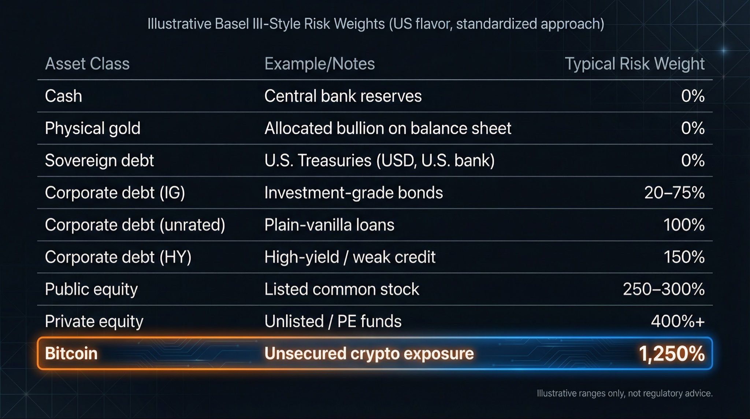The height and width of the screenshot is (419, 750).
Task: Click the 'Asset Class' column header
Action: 87,64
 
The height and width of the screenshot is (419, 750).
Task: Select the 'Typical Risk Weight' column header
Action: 634,64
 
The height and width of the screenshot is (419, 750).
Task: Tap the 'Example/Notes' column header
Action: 319,64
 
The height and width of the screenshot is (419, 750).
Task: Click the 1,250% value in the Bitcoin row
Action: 671,354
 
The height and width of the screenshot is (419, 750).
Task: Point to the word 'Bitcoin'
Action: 71,354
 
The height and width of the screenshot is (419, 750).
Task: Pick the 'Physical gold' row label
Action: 92,128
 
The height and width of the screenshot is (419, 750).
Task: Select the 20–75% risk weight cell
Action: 674,193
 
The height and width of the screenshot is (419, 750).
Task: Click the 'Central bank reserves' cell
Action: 343,96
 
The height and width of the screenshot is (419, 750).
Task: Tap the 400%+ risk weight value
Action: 677,322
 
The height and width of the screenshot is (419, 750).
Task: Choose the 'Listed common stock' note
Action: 342,289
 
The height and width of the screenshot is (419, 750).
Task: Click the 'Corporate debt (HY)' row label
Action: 118,257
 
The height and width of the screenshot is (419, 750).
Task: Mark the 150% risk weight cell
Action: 684,257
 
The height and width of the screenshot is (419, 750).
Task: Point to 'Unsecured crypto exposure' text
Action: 369,354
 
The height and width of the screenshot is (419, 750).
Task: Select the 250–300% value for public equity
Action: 664,289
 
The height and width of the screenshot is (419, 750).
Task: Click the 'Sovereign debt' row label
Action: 99,160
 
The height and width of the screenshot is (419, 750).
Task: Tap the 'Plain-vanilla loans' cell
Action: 329,225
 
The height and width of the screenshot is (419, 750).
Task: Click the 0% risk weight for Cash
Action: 693,96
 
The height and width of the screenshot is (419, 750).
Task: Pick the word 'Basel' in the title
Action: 232,24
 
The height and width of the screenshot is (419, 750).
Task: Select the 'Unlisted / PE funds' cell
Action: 333,322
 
